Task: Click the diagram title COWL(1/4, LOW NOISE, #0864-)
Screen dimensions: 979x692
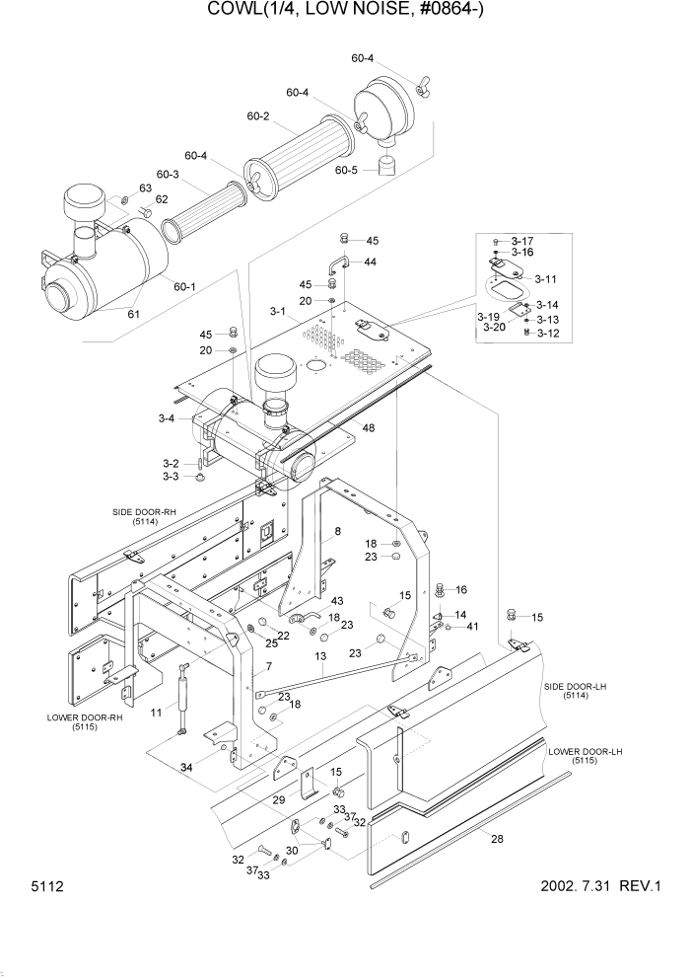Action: tap(346, 11)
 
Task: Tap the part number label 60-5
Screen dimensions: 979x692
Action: tap(346, 170)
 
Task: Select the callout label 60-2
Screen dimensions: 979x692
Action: tap(258, 116)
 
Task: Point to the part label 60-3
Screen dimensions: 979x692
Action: tap(168, 175)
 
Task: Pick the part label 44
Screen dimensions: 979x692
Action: tap(370, 263)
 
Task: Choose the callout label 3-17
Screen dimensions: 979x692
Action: tap(521, 241)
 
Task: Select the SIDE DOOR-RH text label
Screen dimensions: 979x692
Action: tap(143, 512)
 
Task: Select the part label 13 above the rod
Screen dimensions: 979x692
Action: tap(320, 655)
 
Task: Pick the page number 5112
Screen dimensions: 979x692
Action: tap(39, 887)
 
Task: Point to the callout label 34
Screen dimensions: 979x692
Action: tap(186, 766)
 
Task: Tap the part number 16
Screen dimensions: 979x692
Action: tap(459, 589)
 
